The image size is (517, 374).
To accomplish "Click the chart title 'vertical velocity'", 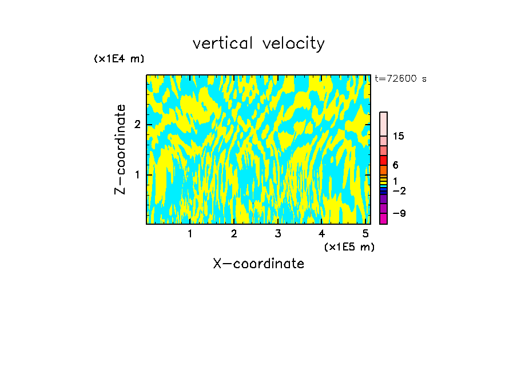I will click(x=258, y=43).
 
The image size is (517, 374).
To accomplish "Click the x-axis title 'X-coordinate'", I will click(x=258, y=264).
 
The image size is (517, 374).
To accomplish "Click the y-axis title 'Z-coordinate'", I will click(x=120, y=149).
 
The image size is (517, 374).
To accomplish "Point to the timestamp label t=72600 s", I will click(x=400, y=79).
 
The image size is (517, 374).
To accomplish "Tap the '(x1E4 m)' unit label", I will click(x=119, y=59).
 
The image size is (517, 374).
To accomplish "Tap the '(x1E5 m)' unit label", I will click(x=349, y=246).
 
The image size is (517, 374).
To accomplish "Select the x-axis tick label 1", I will click(x=190, y=234).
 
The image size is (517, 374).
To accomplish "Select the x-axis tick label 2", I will click(x=234, y=234).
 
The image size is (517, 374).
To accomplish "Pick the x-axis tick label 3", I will click(x=277, y=234).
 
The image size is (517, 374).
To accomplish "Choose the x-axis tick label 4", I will click(x=321, y=234).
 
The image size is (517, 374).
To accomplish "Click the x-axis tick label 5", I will click(x=365, y=234).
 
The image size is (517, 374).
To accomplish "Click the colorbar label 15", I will click(x=399, y=136).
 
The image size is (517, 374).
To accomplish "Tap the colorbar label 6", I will click(x=395, y=165).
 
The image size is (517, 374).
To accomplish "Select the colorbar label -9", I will click(x=399, y=213).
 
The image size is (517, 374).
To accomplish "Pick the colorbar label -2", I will click(x=399, y=190).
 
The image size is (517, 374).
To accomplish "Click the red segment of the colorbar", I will click(x=383, y=160).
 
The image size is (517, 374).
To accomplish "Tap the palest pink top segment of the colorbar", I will click(x=383, y=123).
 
